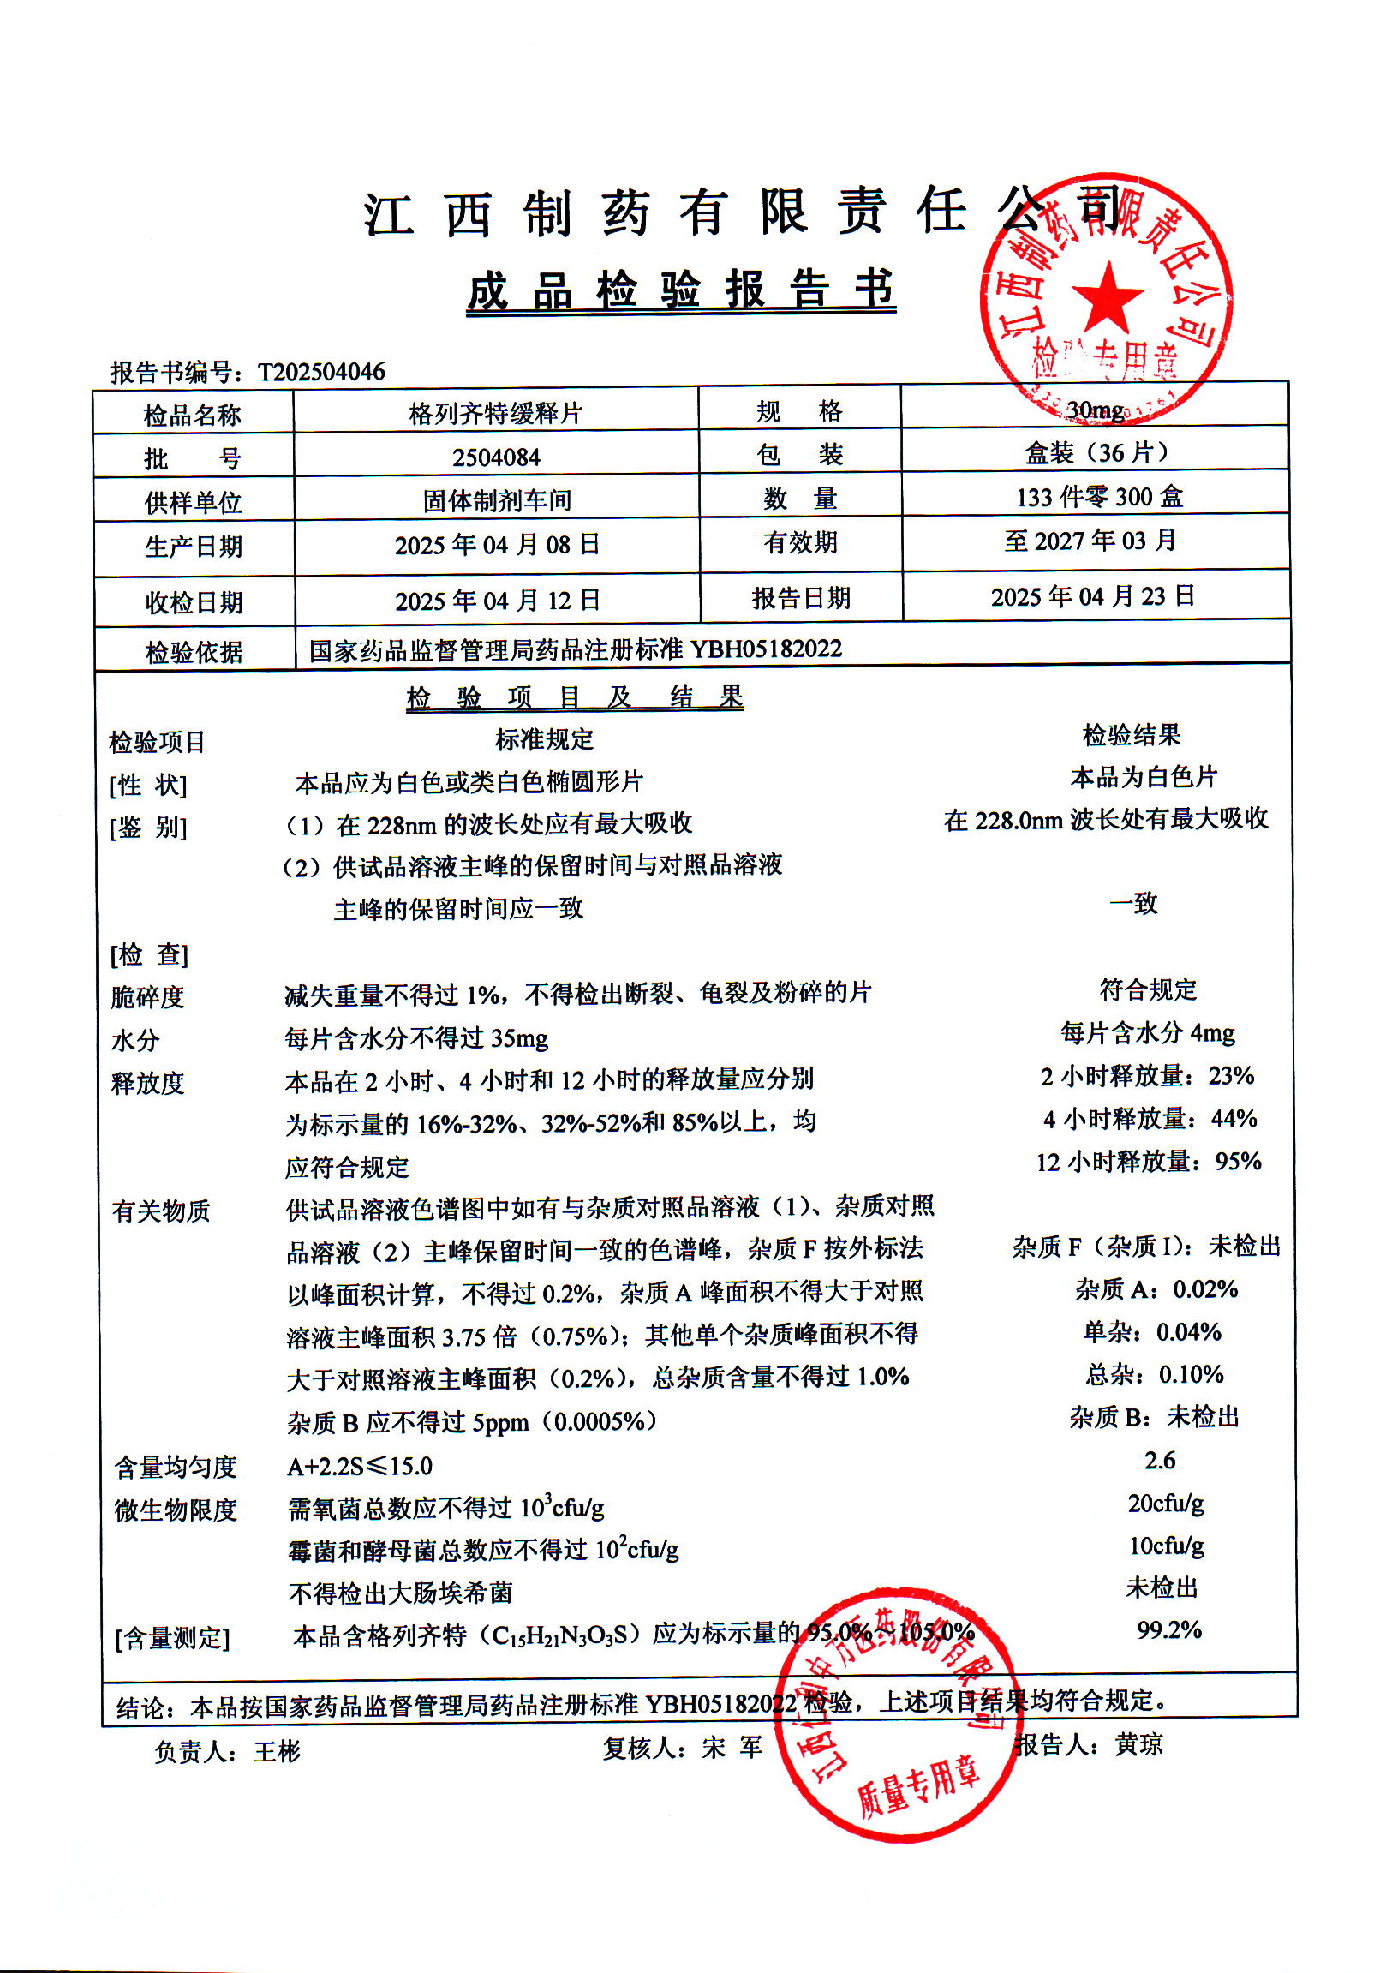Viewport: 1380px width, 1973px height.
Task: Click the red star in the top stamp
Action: click(1108, 296)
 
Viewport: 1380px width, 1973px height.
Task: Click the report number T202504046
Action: click(321, 372)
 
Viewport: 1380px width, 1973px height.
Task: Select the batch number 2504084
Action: click(496, 457)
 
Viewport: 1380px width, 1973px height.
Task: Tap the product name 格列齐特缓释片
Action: click(496, 414)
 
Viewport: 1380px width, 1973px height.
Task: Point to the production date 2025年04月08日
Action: click(497, 545)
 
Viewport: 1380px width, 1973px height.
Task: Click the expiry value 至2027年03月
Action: click(1090, 541)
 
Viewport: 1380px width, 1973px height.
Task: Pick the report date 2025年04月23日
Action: click(1092, 596)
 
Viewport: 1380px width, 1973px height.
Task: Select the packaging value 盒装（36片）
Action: click(1096, 453)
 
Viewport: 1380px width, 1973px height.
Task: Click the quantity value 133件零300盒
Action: click(1099, 497)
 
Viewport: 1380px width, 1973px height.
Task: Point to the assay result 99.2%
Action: click(1168, 1629)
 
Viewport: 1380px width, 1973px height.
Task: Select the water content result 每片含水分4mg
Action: click(1147, 1032)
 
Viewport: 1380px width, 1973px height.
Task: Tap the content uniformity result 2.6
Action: click(1159, 1460)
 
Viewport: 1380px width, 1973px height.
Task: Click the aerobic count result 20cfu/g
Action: click(1165, 1503)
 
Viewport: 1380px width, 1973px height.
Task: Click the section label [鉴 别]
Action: click(148, 828)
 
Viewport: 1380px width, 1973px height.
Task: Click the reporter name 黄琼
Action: click(1138, 1744)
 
